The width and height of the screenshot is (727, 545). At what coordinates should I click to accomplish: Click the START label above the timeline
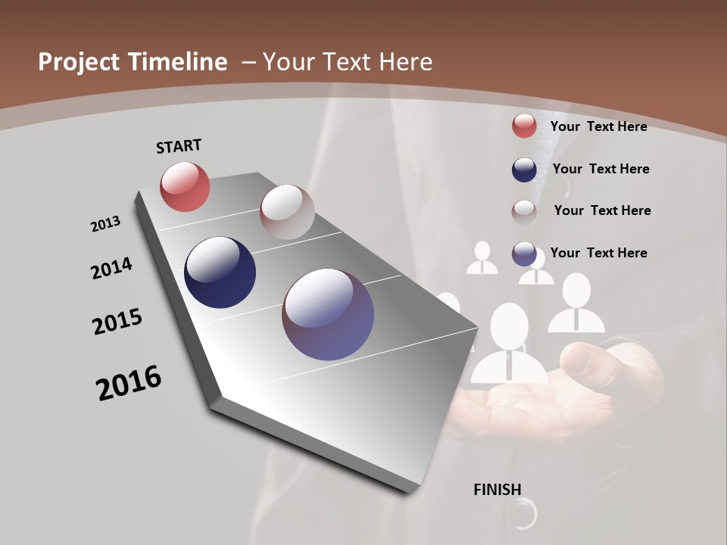coord(179,146)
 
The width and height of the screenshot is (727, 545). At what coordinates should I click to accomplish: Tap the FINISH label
coord(497,490)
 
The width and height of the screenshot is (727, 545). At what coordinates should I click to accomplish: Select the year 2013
coord(105,224)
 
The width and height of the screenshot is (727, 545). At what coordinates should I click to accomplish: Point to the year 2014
coord(111,269)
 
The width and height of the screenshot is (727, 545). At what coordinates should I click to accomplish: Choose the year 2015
coord(117,322)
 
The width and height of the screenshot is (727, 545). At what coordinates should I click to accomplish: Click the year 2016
coord(129,383)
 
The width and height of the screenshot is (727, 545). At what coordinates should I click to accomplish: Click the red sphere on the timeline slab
coord(185,186)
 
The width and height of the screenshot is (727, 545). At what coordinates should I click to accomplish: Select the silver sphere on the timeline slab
coord(287,212)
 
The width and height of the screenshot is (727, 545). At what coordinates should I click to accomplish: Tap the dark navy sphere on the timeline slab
coord(220,272)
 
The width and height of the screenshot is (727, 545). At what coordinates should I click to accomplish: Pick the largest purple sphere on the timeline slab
coord(328,314)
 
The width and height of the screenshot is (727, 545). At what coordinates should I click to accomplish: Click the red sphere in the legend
coord(524,126)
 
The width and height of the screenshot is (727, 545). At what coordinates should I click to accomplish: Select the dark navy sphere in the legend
coord(524,170)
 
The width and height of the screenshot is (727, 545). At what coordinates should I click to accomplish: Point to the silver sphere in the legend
coord(524,211)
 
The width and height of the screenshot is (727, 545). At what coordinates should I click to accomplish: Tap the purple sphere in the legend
coord(524,254)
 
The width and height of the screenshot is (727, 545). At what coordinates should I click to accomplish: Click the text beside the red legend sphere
coord(598,126)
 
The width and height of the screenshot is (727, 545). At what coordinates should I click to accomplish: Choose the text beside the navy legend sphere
coord(601,169)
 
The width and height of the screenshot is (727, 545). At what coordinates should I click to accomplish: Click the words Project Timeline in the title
coord(133,62)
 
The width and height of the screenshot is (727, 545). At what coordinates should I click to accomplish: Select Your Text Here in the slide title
coord(347,62)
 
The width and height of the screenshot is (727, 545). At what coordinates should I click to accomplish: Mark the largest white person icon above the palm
coord(509,344)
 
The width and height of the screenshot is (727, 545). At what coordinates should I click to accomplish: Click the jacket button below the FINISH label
coord(523,517)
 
